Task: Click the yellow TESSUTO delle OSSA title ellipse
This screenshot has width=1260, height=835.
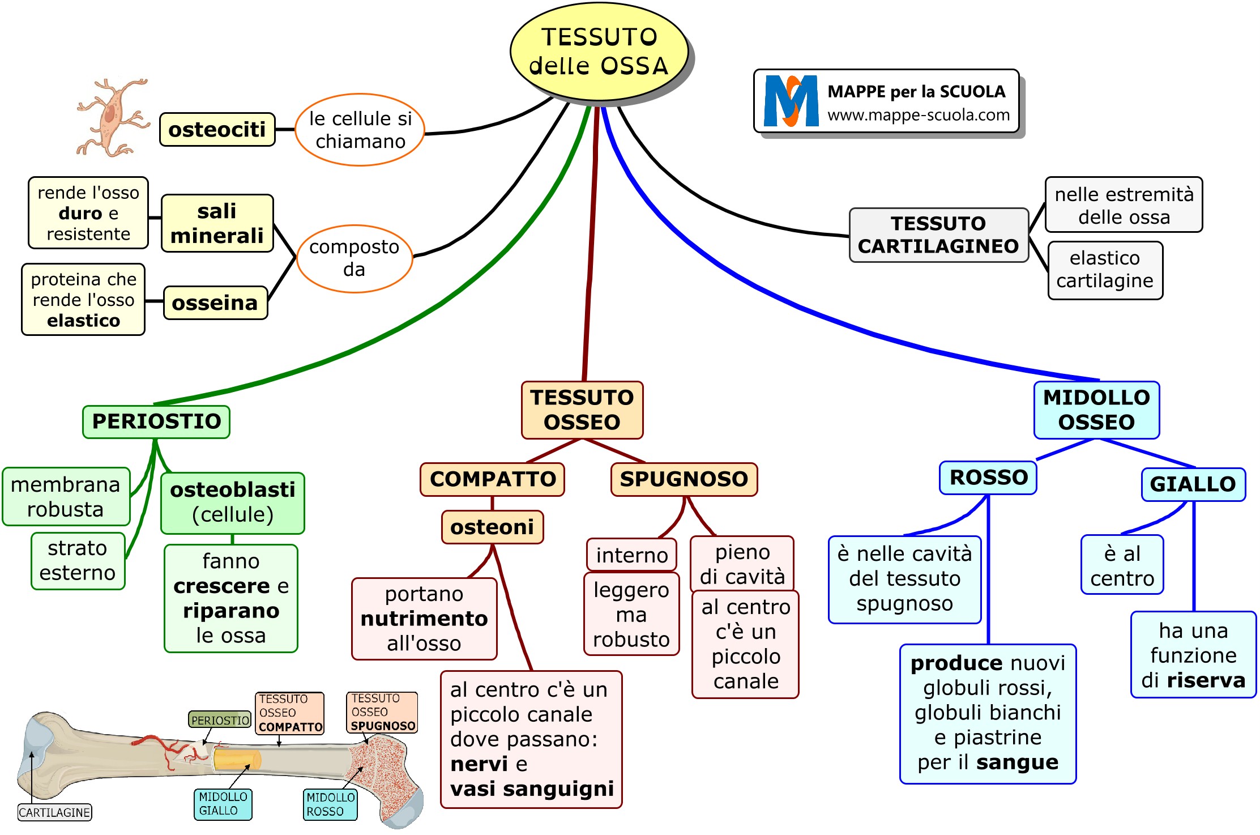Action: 599,52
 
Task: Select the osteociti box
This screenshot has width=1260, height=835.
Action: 217,130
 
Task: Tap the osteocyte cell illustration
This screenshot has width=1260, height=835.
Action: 113,118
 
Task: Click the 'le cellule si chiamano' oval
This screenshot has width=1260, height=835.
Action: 360,130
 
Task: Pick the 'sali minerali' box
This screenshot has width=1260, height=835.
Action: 217,223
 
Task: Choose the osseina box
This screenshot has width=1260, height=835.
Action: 215,303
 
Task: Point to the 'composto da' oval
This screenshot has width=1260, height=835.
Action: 354,258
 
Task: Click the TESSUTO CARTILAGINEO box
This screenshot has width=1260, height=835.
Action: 938,235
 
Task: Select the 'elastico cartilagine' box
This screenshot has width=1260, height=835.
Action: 1105,270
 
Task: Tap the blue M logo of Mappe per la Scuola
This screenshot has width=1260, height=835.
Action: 791,101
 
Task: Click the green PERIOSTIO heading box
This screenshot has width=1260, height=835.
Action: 156,421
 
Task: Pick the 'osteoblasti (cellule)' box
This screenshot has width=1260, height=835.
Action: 233,502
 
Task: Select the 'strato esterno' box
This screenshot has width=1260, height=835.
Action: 78,561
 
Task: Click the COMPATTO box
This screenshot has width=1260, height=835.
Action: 492,479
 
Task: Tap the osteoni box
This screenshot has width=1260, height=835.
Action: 492,527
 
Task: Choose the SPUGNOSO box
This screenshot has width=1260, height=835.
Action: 684,479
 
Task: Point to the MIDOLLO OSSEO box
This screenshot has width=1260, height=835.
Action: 1096,410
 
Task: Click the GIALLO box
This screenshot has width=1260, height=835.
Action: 1193,484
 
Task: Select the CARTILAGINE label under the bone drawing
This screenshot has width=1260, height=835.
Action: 54,812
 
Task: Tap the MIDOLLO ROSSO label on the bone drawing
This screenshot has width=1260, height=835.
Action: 330,804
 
